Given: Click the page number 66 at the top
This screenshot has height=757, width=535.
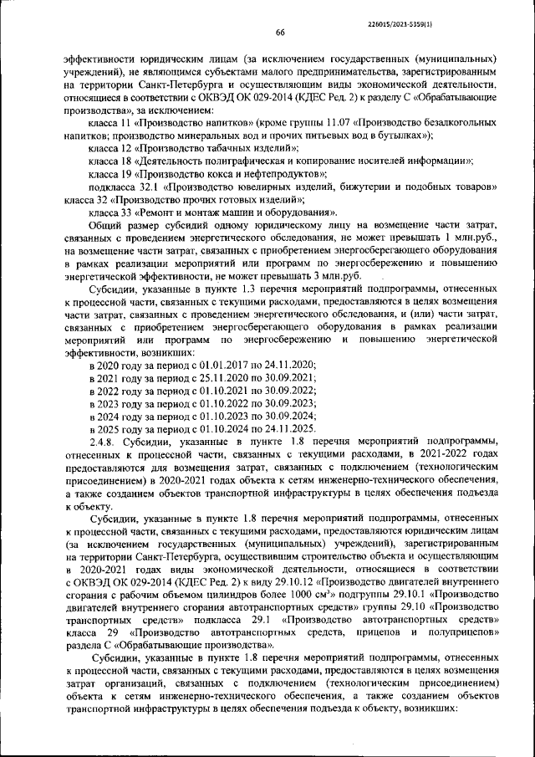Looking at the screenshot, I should pyautogui.click(x=280, y=32).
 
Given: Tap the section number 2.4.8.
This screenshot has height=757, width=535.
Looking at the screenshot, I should pyautogui.click(x=102, y=441).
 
